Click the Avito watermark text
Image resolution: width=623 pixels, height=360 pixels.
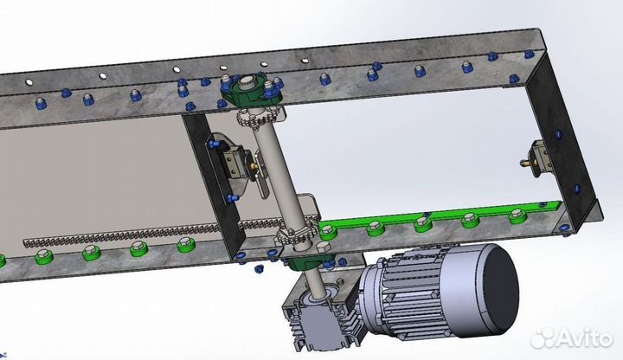point(572,339)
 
